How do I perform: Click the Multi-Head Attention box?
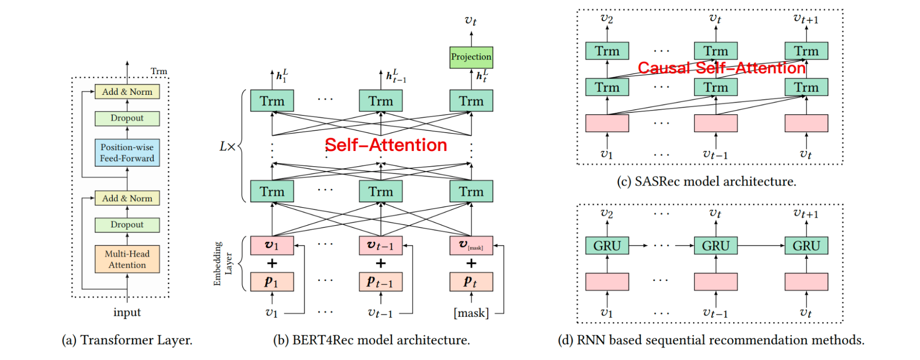point(127,259)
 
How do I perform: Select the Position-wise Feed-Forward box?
point(127,152)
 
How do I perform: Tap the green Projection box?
point(471,57)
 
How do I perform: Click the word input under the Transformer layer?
point(127,313)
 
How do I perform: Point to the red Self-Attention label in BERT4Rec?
point(386,145)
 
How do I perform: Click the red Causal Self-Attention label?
point(721,68)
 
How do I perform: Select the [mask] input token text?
point(471,313)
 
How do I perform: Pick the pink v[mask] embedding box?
point(471,245)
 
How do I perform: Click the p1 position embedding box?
point(272,282)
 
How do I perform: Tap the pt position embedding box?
point(471,282)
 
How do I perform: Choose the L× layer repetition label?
point(227,146)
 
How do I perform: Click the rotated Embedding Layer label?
point(223,263)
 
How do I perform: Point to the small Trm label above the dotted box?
point(159,71)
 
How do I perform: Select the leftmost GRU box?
point(607,246)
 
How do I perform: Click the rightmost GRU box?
point(806,246)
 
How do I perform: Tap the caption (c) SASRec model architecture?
point(706,181)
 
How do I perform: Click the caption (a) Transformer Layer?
point(127,340)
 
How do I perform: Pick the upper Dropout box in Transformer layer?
point(127,118)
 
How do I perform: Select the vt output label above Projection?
point(471,21)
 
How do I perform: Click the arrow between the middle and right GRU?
point(761,246)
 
